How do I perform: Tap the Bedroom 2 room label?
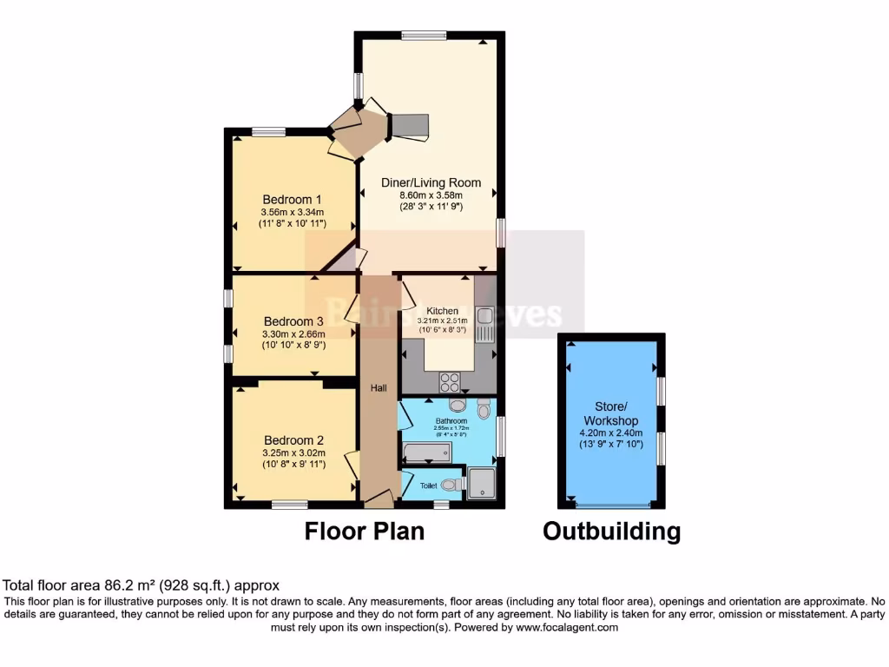[294, 439]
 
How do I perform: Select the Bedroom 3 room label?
[294, 320]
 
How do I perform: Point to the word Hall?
[379, 387]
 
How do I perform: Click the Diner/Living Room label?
[431, 182]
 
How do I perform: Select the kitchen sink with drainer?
[484, 323]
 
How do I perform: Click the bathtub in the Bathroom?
[426, 452]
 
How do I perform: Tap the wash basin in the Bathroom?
[458, 405]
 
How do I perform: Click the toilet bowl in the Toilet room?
[451, 485]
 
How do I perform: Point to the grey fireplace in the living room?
[409, 126]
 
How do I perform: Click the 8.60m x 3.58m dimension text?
[431, 195]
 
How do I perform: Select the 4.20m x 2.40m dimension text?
[612, 433]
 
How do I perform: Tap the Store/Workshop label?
[612, 413]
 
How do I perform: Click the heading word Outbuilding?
[611, 532]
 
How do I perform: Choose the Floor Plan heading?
[365, 532]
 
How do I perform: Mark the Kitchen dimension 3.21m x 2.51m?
[442, 320]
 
